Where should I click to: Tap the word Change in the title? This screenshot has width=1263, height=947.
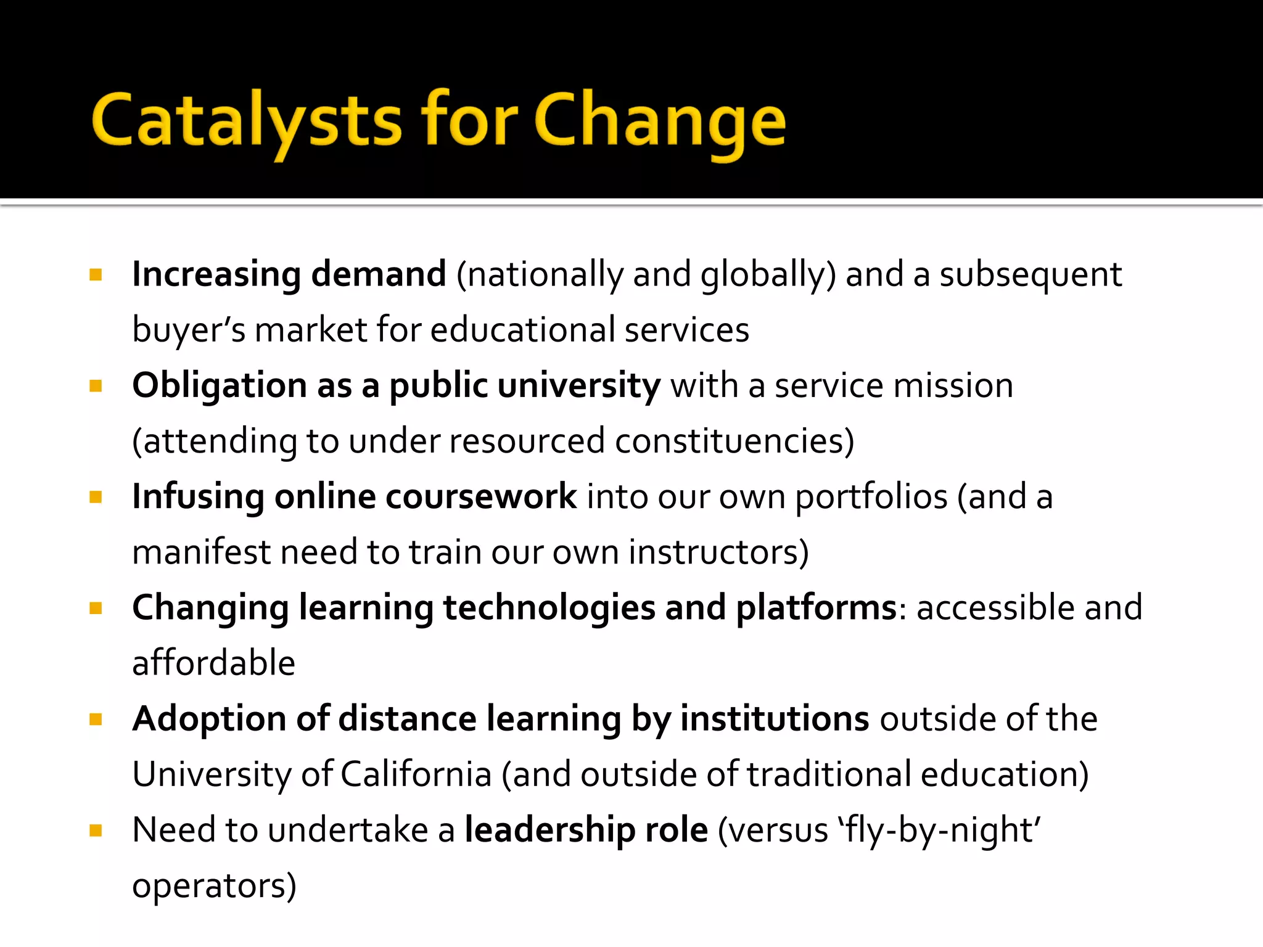[x=660, y=120]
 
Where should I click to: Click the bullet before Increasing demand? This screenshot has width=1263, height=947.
[x=96, y=274]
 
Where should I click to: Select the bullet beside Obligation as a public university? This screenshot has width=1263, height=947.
[x=96, y=386]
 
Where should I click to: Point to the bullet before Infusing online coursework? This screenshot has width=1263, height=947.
[x=96, y=497]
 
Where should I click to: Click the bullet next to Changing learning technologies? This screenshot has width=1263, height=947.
[x=96, y=609]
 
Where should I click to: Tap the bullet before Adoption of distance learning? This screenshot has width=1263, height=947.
[x=96, y=719]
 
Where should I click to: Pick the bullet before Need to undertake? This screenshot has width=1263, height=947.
[x=96, y=830]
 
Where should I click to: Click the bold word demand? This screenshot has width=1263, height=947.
[x=378, y=274]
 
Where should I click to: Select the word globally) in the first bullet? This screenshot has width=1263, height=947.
[x=768, y=276]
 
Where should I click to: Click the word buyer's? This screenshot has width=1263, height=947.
[x=189, y=330]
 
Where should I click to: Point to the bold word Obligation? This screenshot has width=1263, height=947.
[x=220, y=387]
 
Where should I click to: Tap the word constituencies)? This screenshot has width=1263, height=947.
[x=734, y=441]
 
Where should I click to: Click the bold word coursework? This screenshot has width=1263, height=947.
[x=481, y=497]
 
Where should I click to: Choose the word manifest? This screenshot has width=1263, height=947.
[x=201, y=552]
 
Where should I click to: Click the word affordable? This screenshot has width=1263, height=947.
[x=213, y=663]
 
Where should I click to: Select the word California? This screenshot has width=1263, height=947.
[x=416, y=774]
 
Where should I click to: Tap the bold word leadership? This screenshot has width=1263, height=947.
[x=549, y=830]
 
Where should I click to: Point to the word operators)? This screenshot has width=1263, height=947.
[x=214, y=886]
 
